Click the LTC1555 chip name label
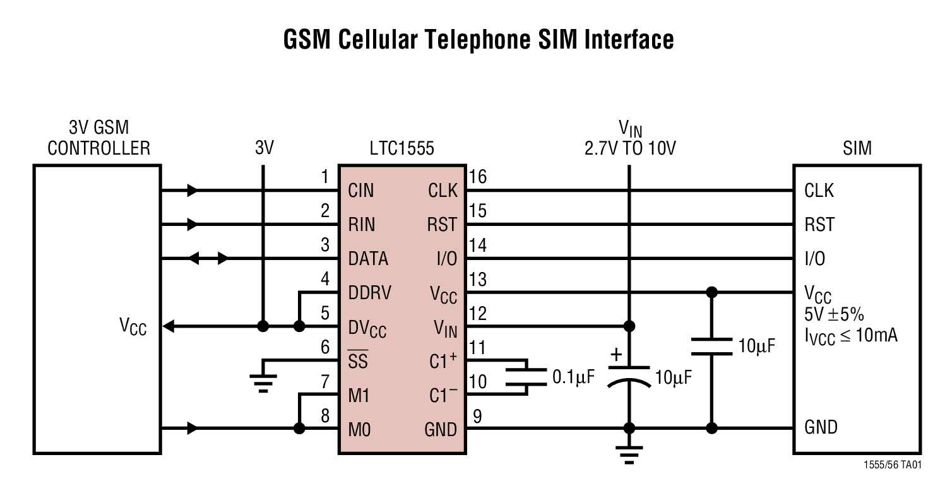(402, 148)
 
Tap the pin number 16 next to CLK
(478, 177)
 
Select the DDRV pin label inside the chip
(369, 293)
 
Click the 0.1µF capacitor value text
(573, 377)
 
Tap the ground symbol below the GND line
(629, 456)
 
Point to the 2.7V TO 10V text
(629, 149)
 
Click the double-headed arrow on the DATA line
(208, 258)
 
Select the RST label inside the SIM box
(819, 224)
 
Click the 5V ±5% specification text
(833, 314)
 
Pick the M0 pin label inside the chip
(360, 430)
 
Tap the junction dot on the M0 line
(299, 429)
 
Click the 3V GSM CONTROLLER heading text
(99, 138)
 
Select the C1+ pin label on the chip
(443, 362)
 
